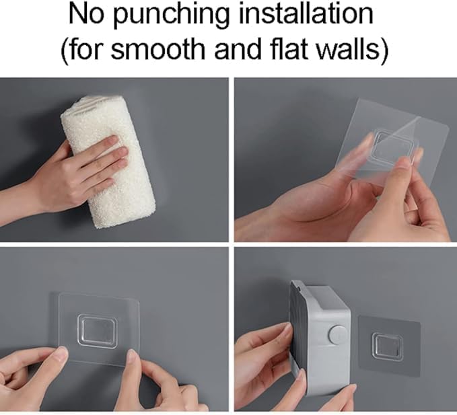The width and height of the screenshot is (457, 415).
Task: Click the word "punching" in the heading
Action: pyautogui.click(x=171, y=16)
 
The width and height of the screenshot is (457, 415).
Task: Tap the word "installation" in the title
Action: pyautogui.click(x=306, y=13)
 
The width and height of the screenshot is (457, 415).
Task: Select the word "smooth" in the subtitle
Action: pyautogui.click(x=158, y=49)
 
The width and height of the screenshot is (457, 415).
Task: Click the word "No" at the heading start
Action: pyautogui.click(x=86, y=15)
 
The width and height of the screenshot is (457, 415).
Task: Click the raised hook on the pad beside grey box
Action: pyautogui.click(x=388, y=346)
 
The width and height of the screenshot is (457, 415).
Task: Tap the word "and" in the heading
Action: pyautogui.click(x=238, y=48)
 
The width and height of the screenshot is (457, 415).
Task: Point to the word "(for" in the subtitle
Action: pyautogui.click(x=81, y=49)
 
